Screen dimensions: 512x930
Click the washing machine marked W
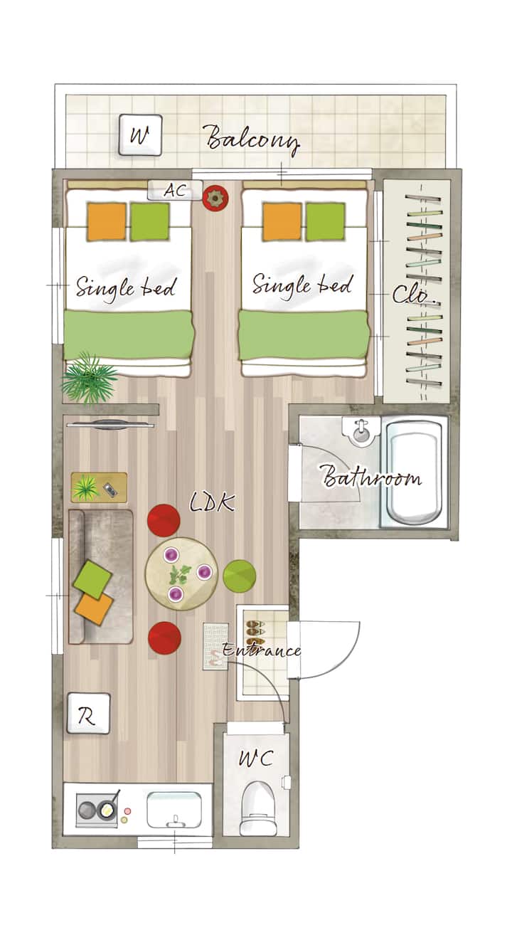[x=140, y=135]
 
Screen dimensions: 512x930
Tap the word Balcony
[x=252, y=139]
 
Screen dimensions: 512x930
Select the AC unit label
[x=175, y=190]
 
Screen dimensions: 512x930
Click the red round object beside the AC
[x=215, y=198]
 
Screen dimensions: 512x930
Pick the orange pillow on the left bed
[x=106, y=221]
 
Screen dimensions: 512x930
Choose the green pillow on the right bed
[x=325, y=221]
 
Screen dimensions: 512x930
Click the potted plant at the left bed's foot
[x=88, y=379]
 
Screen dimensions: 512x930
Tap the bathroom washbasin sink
[x=361, y=431]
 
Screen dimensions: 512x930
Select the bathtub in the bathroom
[x=414, y=472]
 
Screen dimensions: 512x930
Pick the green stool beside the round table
[x=240, y=576]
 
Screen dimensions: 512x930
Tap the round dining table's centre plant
[x=180, y=574]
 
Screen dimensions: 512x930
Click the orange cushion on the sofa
[x=94, y=608]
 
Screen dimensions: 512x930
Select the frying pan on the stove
[x=109, y=807]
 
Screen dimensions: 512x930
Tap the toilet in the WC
[x=260, y=809]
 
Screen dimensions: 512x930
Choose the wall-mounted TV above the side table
[x=110, y=425]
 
